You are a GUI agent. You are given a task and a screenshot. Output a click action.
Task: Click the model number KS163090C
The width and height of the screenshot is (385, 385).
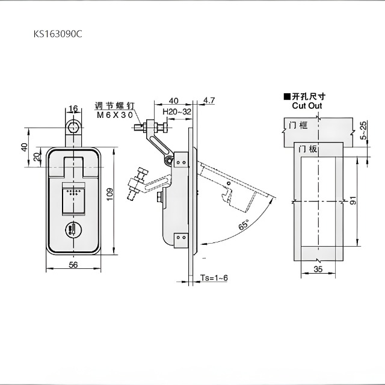pyautogui.click(x=58, y=35)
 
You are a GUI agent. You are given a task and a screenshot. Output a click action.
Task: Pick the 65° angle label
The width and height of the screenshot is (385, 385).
pyautogui.click(x=242, y=226)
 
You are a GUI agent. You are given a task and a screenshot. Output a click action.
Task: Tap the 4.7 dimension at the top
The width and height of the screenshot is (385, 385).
pyautogui.click(x=209, y=100)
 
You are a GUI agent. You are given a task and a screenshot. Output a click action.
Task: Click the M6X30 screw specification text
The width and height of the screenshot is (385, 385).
pyautogui.click(x=114, y=113)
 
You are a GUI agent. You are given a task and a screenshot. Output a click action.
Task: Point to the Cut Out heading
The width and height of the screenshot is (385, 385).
pyautogui.click(x=307, y=105)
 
